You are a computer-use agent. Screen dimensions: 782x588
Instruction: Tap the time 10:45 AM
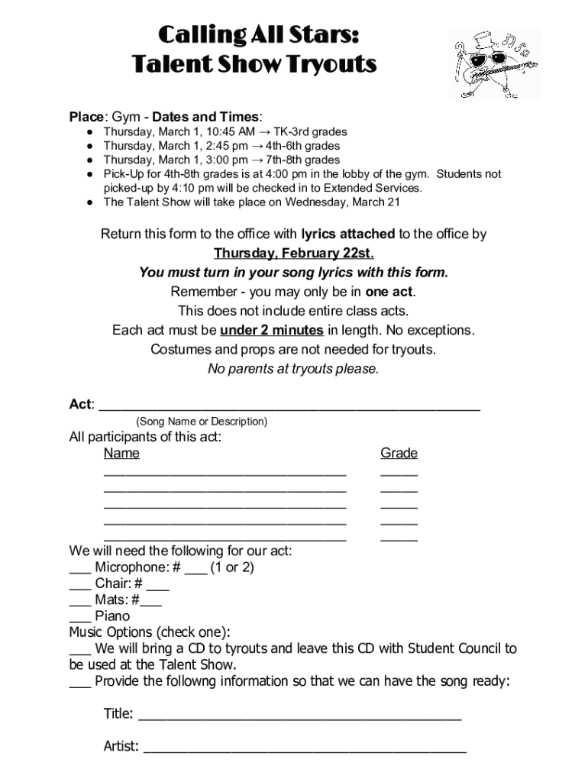(212, 131)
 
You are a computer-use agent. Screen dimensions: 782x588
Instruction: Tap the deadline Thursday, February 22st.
(294, 253)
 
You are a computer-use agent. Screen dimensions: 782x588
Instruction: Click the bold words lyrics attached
(348, 234)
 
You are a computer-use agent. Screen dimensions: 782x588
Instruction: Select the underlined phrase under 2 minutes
(271, 330)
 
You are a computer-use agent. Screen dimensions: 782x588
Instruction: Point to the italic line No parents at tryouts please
(293, 369)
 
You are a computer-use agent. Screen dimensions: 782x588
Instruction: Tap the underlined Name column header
(121, 453)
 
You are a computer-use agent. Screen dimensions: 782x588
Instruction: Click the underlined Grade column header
(399, 453)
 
